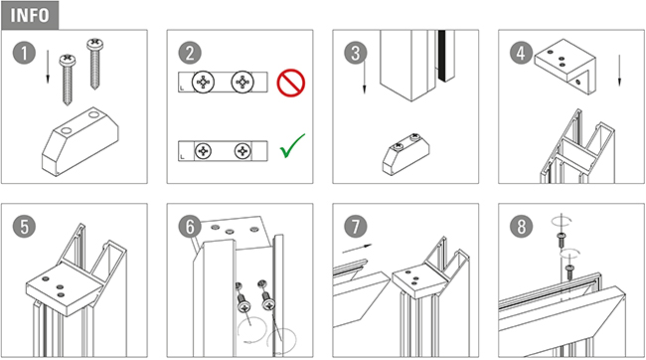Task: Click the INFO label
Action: [30, 15]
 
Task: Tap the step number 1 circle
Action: [24, 53]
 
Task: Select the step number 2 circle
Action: [190, 53]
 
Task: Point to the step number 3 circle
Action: [356, 53]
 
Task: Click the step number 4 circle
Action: [521, 53]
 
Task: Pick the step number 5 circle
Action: [24, 227]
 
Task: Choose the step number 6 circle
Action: [190, 227]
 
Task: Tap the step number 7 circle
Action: [356, 227]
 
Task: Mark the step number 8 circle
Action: [521, 227]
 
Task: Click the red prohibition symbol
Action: [291, 83]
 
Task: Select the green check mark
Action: [292, 145]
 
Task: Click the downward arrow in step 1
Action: [48, 67]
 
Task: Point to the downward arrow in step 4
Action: [619, 70]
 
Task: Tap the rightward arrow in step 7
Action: [357, 249]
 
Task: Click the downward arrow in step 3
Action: [364, 77]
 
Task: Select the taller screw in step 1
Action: [94, 64]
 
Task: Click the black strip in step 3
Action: [442, 56]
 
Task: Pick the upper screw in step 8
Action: [561, 240]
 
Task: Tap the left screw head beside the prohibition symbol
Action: [203, 83]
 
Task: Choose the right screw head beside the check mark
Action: [242, 151]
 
